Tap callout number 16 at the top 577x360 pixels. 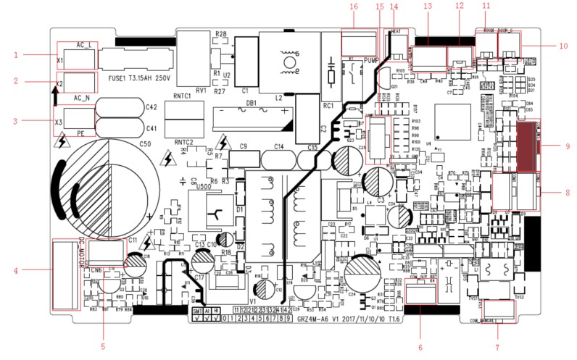[x=354, y=7]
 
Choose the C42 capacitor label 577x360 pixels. [x=151, y=107]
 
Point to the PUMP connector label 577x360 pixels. [x=371, y=61]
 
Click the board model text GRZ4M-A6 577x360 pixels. [x=339, y=319]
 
